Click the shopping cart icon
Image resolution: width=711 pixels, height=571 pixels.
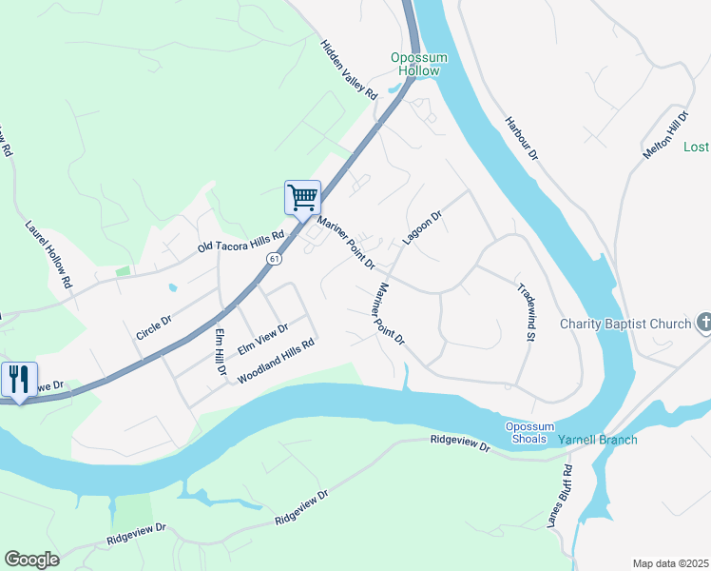(x=302, y=198)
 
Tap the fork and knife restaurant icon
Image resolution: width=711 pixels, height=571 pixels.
(x=18, y=380)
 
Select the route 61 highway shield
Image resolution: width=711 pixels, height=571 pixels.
(x=274, y=258)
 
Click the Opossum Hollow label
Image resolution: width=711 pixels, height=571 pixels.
(x=415, y=65)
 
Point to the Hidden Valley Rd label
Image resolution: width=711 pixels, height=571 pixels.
(x=349, y=69)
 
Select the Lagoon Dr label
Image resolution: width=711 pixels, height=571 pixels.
(x=422, y=229)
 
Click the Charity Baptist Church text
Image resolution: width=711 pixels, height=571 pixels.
(x=625, y=324)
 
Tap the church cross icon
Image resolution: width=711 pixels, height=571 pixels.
(x=703, y=324)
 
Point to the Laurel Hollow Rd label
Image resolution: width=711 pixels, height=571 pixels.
(x=48, y=255)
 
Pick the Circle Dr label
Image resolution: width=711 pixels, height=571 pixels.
(x=154, y=315)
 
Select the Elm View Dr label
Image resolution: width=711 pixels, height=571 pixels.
(x=263, y=338)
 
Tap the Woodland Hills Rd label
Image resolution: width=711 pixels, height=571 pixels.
(x=276, y=363)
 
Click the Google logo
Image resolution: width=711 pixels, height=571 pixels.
(x=32, y=560)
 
